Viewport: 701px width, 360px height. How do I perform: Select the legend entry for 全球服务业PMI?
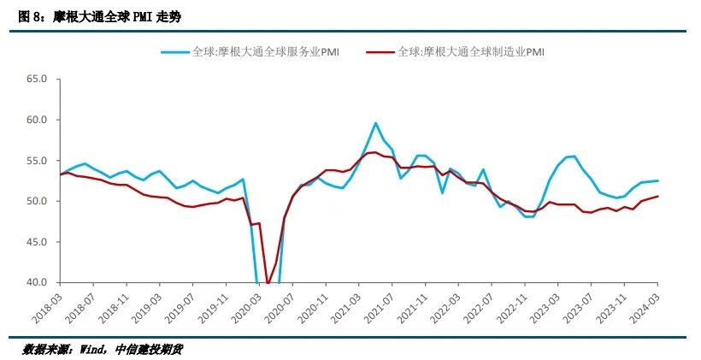point(256,51)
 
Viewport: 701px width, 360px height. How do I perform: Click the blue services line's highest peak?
point(375,123)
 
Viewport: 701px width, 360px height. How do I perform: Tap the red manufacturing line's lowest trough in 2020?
point(268,283)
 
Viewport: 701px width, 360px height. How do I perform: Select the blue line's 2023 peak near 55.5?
point(572,156)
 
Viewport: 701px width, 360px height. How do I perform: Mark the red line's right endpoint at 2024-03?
point(657,197)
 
